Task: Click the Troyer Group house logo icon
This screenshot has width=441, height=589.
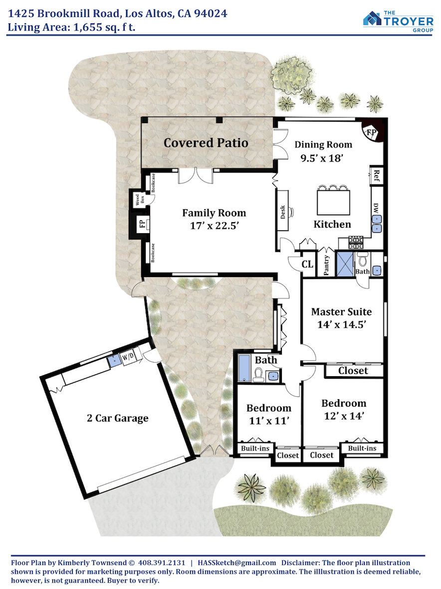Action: click(x=372, y=18)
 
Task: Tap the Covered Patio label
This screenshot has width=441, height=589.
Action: click(x=206, y=143)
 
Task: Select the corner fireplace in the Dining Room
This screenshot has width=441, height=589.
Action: click(x=374, y=131)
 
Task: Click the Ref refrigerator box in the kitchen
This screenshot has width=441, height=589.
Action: click(x=376, y=175)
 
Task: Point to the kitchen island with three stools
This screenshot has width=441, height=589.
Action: click(x=333, y=201)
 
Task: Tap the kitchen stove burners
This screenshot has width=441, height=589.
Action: click(x=355, y=242)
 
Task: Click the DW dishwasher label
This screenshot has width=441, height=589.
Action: click(x=376, y=208)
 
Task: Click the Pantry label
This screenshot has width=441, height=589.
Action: click(x=326, y=265)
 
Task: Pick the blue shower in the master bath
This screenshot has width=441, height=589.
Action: click(x=345, y=264)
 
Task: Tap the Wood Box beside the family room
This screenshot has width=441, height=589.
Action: click(x=139, y=199)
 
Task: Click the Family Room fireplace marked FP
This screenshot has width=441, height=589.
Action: click(x=142, y=224)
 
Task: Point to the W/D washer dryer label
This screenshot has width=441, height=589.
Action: click(x=128, y=357)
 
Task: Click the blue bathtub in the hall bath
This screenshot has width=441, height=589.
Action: click(x=244, y=368)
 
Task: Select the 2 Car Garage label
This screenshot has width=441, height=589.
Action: click(x=118, y=418)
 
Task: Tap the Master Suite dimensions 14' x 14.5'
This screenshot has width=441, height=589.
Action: click(x=342, y=324)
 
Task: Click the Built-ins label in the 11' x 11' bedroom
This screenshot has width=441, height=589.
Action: click(x=255, y=448)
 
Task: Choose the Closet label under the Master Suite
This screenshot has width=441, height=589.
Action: click(x=353, y=371)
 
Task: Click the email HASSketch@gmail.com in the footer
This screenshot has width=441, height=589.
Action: click(x=237, y=563)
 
